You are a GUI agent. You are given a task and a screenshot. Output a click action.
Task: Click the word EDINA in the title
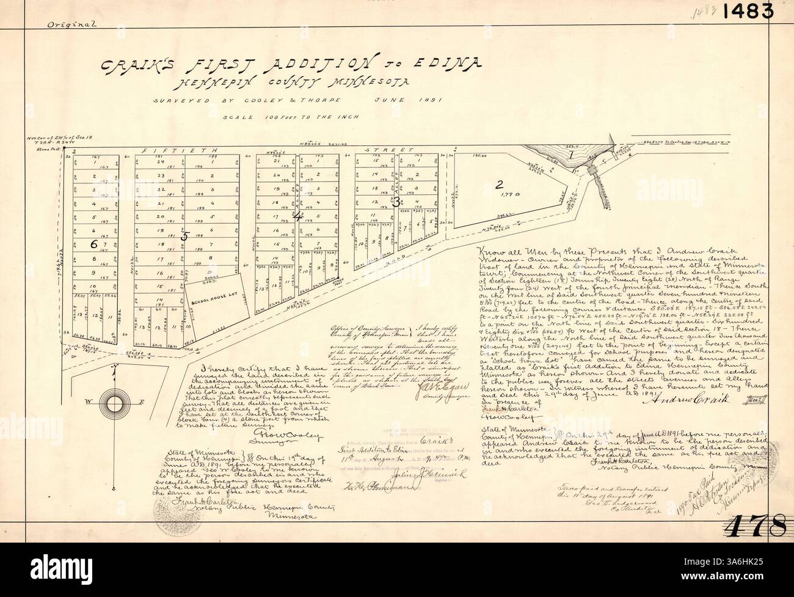click(452, 62)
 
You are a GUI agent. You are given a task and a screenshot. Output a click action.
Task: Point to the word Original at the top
click(71, 24)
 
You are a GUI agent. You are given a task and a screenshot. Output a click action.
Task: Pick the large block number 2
click(499, 186)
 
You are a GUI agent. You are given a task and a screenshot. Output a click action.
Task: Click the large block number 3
click(397, 201)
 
